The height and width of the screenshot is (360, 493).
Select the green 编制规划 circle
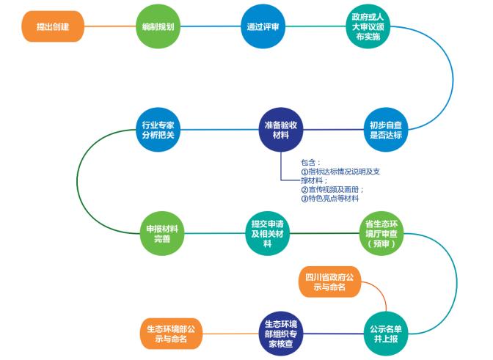[158, 26]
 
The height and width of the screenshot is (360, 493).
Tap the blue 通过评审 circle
[263, 26]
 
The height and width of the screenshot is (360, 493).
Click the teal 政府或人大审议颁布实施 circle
[368, 26]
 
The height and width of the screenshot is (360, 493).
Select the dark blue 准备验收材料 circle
[281, 130]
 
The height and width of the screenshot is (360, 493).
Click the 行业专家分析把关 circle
[158, 130]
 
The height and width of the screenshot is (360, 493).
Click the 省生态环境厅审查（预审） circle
[381, 233]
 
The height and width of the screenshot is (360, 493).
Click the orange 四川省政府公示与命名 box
[330, 282]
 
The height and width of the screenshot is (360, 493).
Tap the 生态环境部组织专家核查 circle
[280, 334]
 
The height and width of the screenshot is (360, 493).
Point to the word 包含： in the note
[311, 163]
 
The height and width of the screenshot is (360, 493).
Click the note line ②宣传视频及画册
[332, 189]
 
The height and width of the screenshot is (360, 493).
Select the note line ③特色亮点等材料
[330, 199]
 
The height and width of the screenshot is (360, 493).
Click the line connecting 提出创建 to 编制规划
[110, 26]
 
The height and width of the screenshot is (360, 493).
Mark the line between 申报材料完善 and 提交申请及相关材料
[215, 233]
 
